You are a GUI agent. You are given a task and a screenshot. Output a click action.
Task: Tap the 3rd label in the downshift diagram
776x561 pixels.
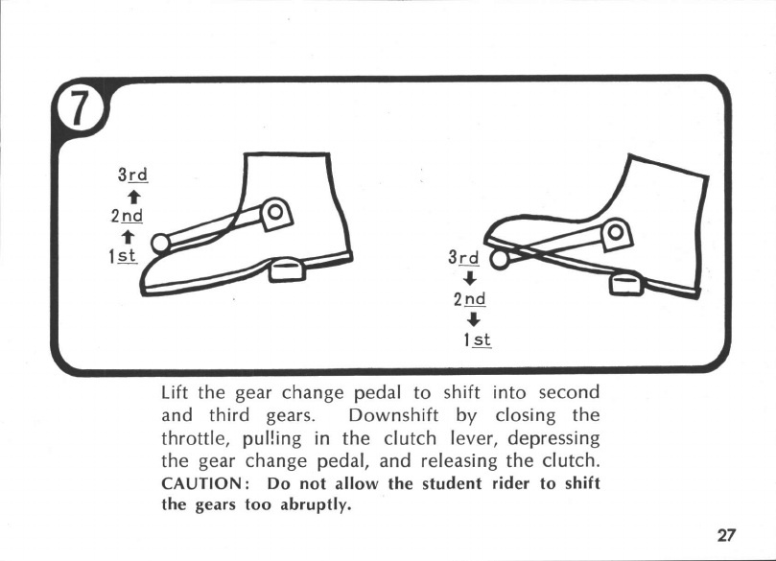[x=464, y=259]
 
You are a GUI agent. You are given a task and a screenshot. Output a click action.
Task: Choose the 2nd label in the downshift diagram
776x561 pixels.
[x=470, y=299]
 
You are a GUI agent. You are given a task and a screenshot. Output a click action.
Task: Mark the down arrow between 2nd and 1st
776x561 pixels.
[x=472, y=319]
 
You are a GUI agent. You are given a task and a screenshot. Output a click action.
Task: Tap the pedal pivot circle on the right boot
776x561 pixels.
[x=615, y=231]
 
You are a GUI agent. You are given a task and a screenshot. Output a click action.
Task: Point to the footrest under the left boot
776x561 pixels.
[x=289, y=270]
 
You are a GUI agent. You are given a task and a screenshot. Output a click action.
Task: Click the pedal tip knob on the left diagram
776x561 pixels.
[x=160, y=244]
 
